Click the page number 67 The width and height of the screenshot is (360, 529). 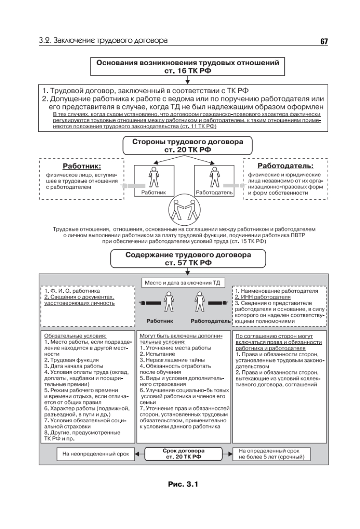pyautogui.click(x=324, y=42)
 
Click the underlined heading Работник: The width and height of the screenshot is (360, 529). pyautogui.click(x=82, y=167)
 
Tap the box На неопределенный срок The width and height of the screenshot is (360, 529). pyautogui.click(x=95, y=453)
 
